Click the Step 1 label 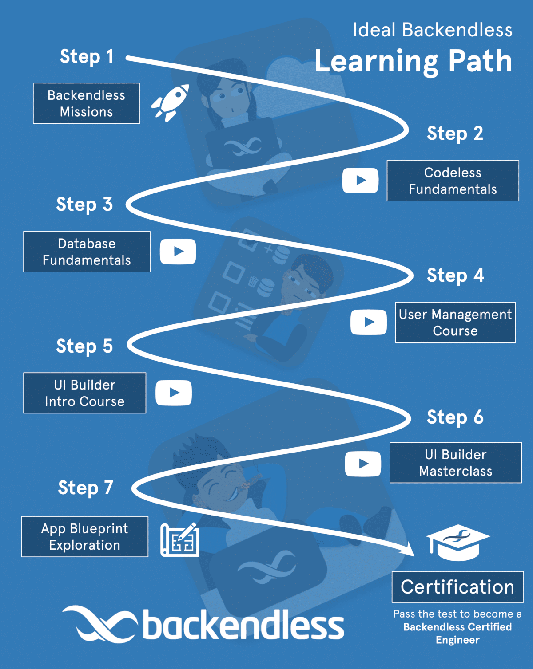tap(87, 57)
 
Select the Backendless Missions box tap(87, 103)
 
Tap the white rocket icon tap(171, 103)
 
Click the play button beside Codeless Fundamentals tap(360, 181)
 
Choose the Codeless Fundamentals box tap(453, 181)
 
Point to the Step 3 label tap(84, 205)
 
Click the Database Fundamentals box tap(87, 252)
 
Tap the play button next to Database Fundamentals tap(178, 252)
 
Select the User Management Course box tap(455, 323)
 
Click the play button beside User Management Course tap(369, 322)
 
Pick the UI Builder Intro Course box tap(84, 393)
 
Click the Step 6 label tap(455, 417)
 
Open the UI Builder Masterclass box tap(455, 463)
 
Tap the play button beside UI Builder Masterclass tap(363, 464)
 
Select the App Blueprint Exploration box tap(84, 537)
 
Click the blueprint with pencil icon tap(180, 539)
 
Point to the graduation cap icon tap(457, 542)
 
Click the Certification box tap(457, 587)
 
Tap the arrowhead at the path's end tap(408, 550)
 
